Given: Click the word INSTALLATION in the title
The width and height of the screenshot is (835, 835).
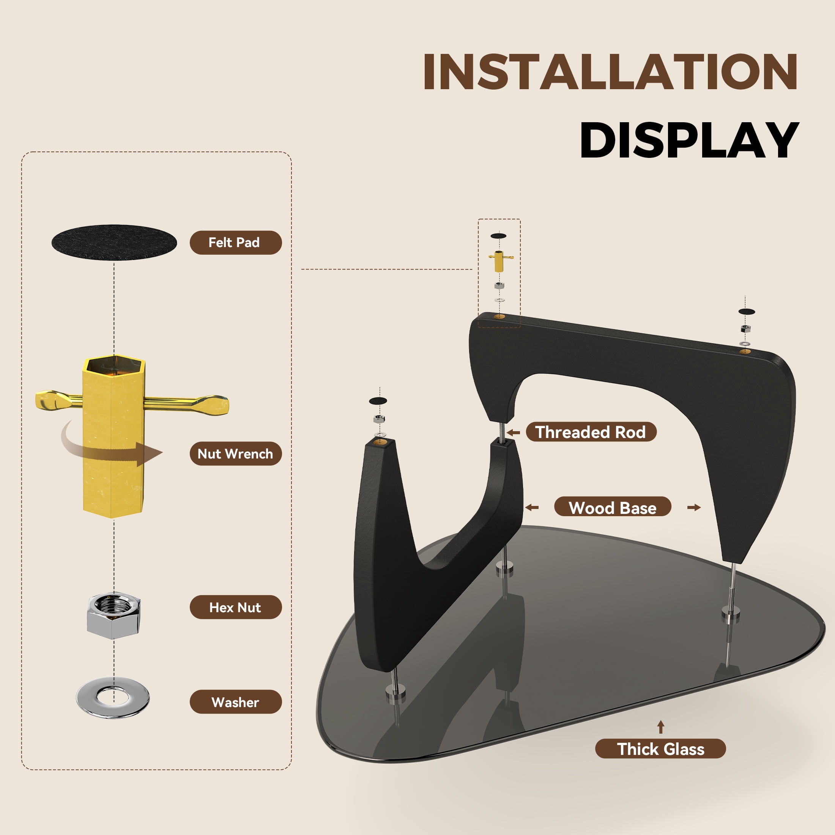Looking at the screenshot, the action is [610, 72].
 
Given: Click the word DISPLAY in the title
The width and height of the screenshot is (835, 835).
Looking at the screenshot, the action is [689, 140].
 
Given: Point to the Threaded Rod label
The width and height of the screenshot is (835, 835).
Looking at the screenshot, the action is [591, 432].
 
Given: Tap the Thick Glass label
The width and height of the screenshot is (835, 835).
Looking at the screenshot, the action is [660, 749].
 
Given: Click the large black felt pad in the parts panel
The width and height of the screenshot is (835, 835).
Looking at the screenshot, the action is [114, 243].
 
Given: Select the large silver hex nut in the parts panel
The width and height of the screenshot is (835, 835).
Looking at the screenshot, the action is [113, 616].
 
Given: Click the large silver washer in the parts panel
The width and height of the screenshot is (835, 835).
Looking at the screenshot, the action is [113, 698].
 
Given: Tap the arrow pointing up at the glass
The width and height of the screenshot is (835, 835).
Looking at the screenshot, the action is [660, 727].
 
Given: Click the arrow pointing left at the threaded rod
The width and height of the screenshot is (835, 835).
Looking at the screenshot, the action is [513, 432].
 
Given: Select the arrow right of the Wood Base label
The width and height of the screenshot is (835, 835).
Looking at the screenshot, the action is [694, 507].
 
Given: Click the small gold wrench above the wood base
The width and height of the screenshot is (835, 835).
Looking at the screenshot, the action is [499, 261].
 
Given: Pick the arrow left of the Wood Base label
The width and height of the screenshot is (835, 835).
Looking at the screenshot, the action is [532, 507].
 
